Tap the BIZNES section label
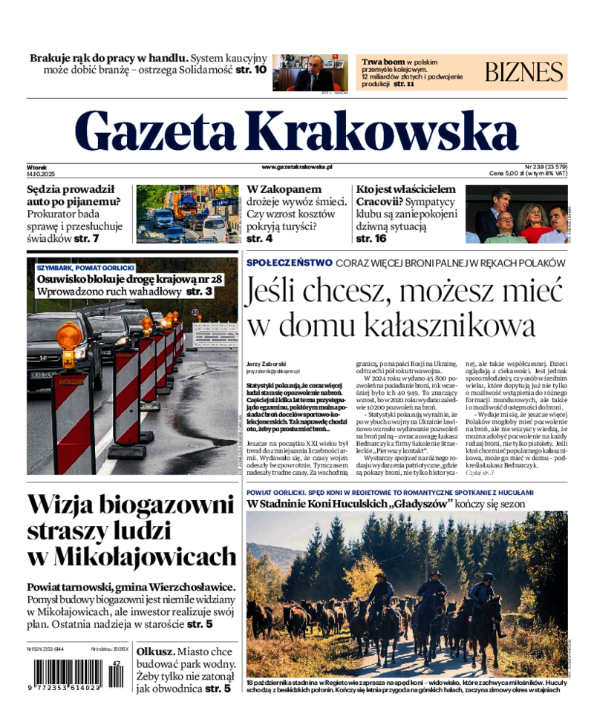coord(524,72)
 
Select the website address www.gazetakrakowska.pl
coord(297,167)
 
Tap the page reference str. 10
coord(251,70)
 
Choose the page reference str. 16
coord(371,239)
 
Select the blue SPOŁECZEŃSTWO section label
coord(289,263)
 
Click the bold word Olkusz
coord(155,649)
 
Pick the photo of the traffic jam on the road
coord(186,214)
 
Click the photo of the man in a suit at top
coord(310,72)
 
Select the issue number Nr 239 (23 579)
coord(546,166)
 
